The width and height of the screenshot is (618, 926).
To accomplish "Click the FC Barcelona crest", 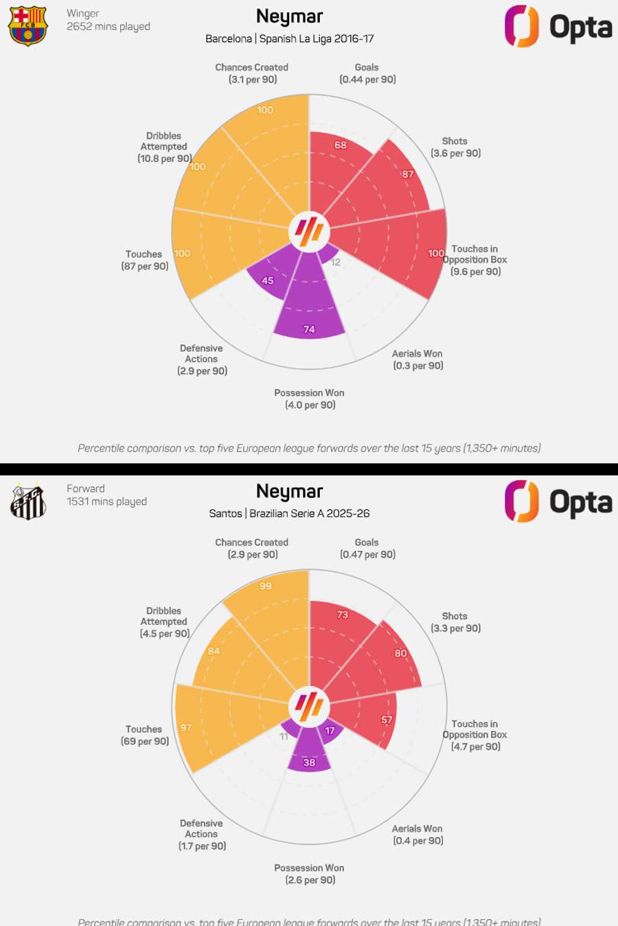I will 28,25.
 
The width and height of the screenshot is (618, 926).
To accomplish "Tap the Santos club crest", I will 28,501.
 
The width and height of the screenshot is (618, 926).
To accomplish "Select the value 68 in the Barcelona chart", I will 341,145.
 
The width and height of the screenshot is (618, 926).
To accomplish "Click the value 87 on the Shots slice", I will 408,174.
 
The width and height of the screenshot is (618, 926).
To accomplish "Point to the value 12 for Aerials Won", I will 336,263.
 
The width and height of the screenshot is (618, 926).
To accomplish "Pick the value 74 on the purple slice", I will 310,330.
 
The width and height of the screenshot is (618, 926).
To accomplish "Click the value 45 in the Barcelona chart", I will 268,281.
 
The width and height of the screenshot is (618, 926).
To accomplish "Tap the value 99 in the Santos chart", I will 266,586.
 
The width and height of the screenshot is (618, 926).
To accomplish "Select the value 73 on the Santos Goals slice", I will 343,615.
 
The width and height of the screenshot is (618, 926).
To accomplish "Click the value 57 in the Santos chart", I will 387,720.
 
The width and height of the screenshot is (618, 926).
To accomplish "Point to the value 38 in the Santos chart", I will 310,763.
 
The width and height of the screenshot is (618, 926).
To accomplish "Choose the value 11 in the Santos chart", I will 284,737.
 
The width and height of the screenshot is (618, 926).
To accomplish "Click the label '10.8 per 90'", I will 165,158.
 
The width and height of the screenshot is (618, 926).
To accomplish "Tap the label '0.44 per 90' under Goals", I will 367,80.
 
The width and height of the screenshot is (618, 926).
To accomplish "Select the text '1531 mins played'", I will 106,501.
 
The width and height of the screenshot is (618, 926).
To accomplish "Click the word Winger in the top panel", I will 83,14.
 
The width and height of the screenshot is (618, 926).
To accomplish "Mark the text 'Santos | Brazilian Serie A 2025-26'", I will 289,513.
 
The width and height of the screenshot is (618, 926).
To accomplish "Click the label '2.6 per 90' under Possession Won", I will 310,880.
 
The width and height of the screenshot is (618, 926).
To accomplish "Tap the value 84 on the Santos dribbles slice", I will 214,651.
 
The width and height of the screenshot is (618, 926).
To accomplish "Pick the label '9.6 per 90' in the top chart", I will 476,272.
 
